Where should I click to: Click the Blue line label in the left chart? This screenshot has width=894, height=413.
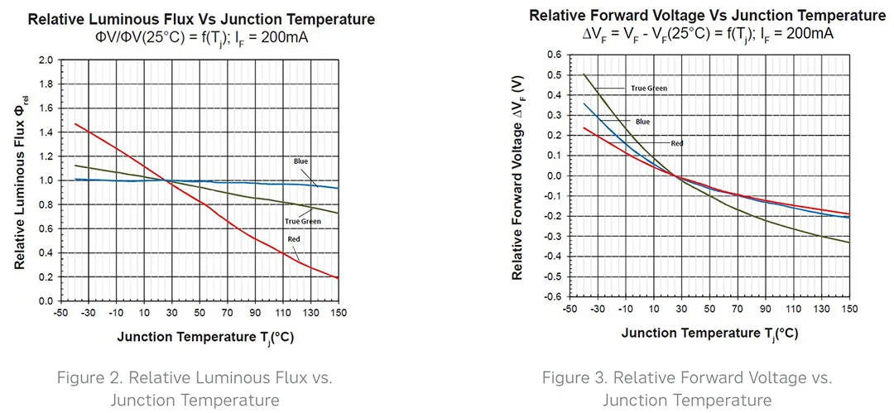[x=301, y=161]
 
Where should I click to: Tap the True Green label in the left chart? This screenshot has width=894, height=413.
[x=303, y=221]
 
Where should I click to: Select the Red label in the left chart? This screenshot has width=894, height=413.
[x=294, y=239]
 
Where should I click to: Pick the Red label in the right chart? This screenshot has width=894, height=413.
[x=677, y=143]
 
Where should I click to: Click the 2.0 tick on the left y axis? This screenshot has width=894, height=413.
[x=46, y=60]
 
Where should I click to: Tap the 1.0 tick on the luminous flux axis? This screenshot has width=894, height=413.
[x=46, y=180]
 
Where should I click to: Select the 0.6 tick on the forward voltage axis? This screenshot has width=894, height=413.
[x=553, y=55]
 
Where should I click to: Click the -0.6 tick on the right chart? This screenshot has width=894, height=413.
[x=551, y=296]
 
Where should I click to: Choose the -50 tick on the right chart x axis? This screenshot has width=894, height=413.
[x=570, y=308]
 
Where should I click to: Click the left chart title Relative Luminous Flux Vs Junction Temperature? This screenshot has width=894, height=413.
[x=201, y=19]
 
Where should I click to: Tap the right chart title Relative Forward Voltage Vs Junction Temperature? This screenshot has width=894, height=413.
[x=707, y=16]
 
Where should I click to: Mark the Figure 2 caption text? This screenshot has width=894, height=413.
[x=195, y=389]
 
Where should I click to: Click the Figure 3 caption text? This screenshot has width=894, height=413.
[x=687, y=389]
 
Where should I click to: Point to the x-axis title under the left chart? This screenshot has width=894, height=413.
[x=205, y=338]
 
